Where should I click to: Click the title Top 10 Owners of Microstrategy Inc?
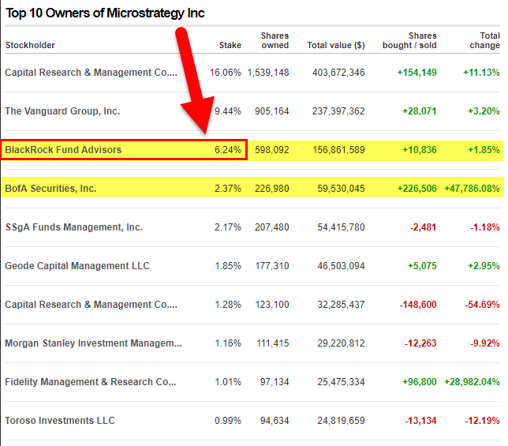105,13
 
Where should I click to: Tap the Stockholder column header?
30,45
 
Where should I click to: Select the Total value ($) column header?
336,45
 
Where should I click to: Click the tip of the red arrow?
205,133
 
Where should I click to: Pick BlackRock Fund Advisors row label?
63,150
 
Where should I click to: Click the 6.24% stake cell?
228,150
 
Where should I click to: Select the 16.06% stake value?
226,73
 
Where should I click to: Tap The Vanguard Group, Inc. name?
62,111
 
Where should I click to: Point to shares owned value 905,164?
272,111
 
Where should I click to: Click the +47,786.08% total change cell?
472,189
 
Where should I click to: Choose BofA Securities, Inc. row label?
50,189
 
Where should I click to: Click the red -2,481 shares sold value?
423,227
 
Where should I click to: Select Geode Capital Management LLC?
77,266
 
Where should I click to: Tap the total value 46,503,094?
341,266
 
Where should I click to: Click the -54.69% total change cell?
483,305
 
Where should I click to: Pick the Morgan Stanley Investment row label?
93,343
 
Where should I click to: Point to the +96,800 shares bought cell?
420,382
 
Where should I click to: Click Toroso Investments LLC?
60,421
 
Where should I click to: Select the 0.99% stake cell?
228,421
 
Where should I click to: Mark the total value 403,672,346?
338,73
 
